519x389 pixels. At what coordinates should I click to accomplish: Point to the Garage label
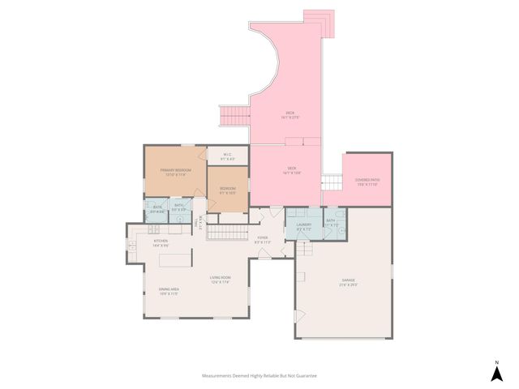click(x=348, y=283)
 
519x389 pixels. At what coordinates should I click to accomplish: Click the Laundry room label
click(x=304, y=226)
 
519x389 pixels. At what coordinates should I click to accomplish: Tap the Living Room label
click(x=220, y=280)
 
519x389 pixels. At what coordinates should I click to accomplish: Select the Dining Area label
click(x=169, y=291)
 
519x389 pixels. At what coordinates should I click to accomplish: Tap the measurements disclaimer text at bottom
click(x=259, y=376)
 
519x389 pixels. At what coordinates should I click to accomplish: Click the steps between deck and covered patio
click(x=332, y=182)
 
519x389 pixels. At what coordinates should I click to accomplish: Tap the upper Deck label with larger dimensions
click(x=290, y=114)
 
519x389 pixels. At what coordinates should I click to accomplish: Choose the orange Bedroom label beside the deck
click(x=228, y=190)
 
